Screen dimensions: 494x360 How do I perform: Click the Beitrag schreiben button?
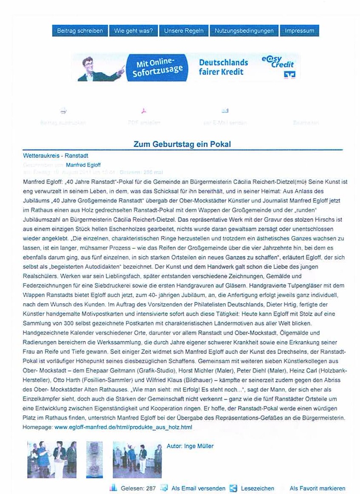click(x=79, y=31)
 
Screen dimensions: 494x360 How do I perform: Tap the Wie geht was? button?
click(x=133, y=31)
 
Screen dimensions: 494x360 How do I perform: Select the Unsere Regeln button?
click(x=183, y=31)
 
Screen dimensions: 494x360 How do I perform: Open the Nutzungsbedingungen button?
click(x=244, y=31)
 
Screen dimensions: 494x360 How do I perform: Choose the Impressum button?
click(x=299, y=31)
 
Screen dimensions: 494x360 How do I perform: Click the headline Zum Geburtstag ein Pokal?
click(x=182, y=144)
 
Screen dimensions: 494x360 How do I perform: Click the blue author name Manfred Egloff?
click(x=83, y=165)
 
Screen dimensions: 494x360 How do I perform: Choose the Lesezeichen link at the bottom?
click(x=257, y=488)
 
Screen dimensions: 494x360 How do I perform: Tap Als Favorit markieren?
click(x=317, y=488)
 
